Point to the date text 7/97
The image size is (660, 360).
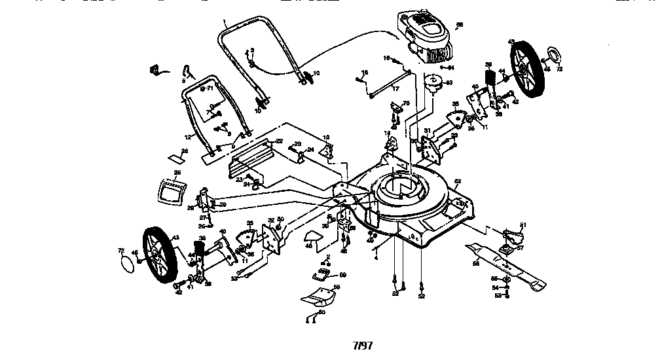click(x=362, y=344)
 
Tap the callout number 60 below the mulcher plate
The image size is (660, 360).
click(x=321, y=313)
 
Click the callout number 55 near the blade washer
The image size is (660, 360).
click(x=494, y=279)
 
